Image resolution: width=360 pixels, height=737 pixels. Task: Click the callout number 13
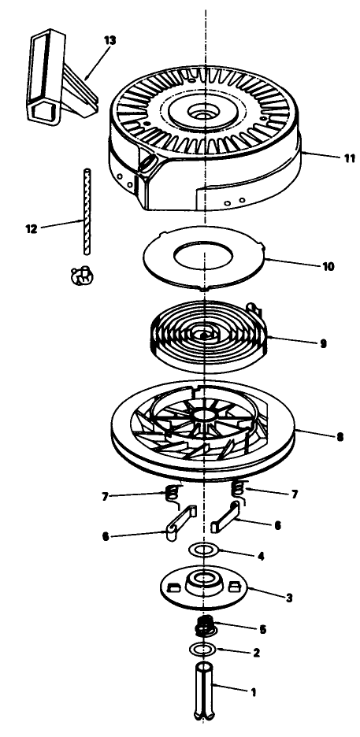coord(109,40)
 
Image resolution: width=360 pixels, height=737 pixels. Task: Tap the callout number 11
coord(349,158)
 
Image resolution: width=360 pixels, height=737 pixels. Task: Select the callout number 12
coord(31,230)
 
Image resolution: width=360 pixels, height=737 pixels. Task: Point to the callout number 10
coord(328,266)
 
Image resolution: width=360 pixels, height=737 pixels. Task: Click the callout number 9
coord(323,343)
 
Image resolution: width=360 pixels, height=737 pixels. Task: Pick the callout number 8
coord(340,437)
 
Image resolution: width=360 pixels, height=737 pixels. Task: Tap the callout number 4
coord(261,557)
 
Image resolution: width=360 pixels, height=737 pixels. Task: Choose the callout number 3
coord(289,598)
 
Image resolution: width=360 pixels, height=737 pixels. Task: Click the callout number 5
coord(263,629)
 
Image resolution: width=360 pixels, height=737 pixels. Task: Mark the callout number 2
coord(256,653)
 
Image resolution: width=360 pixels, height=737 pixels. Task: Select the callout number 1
coord(254,692)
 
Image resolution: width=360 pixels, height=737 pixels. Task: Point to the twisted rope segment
coord(87,212)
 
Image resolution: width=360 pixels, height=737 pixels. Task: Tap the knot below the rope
coord(81,275)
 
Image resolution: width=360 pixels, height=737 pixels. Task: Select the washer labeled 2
coord(202,650)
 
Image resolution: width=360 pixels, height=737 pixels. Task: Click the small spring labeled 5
coord(205,626)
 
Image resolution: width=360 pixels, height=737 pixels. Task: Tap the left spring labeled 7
coord(174,494)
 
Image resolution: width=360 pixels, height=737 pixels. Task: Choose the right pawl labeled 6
coord(226,517)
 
